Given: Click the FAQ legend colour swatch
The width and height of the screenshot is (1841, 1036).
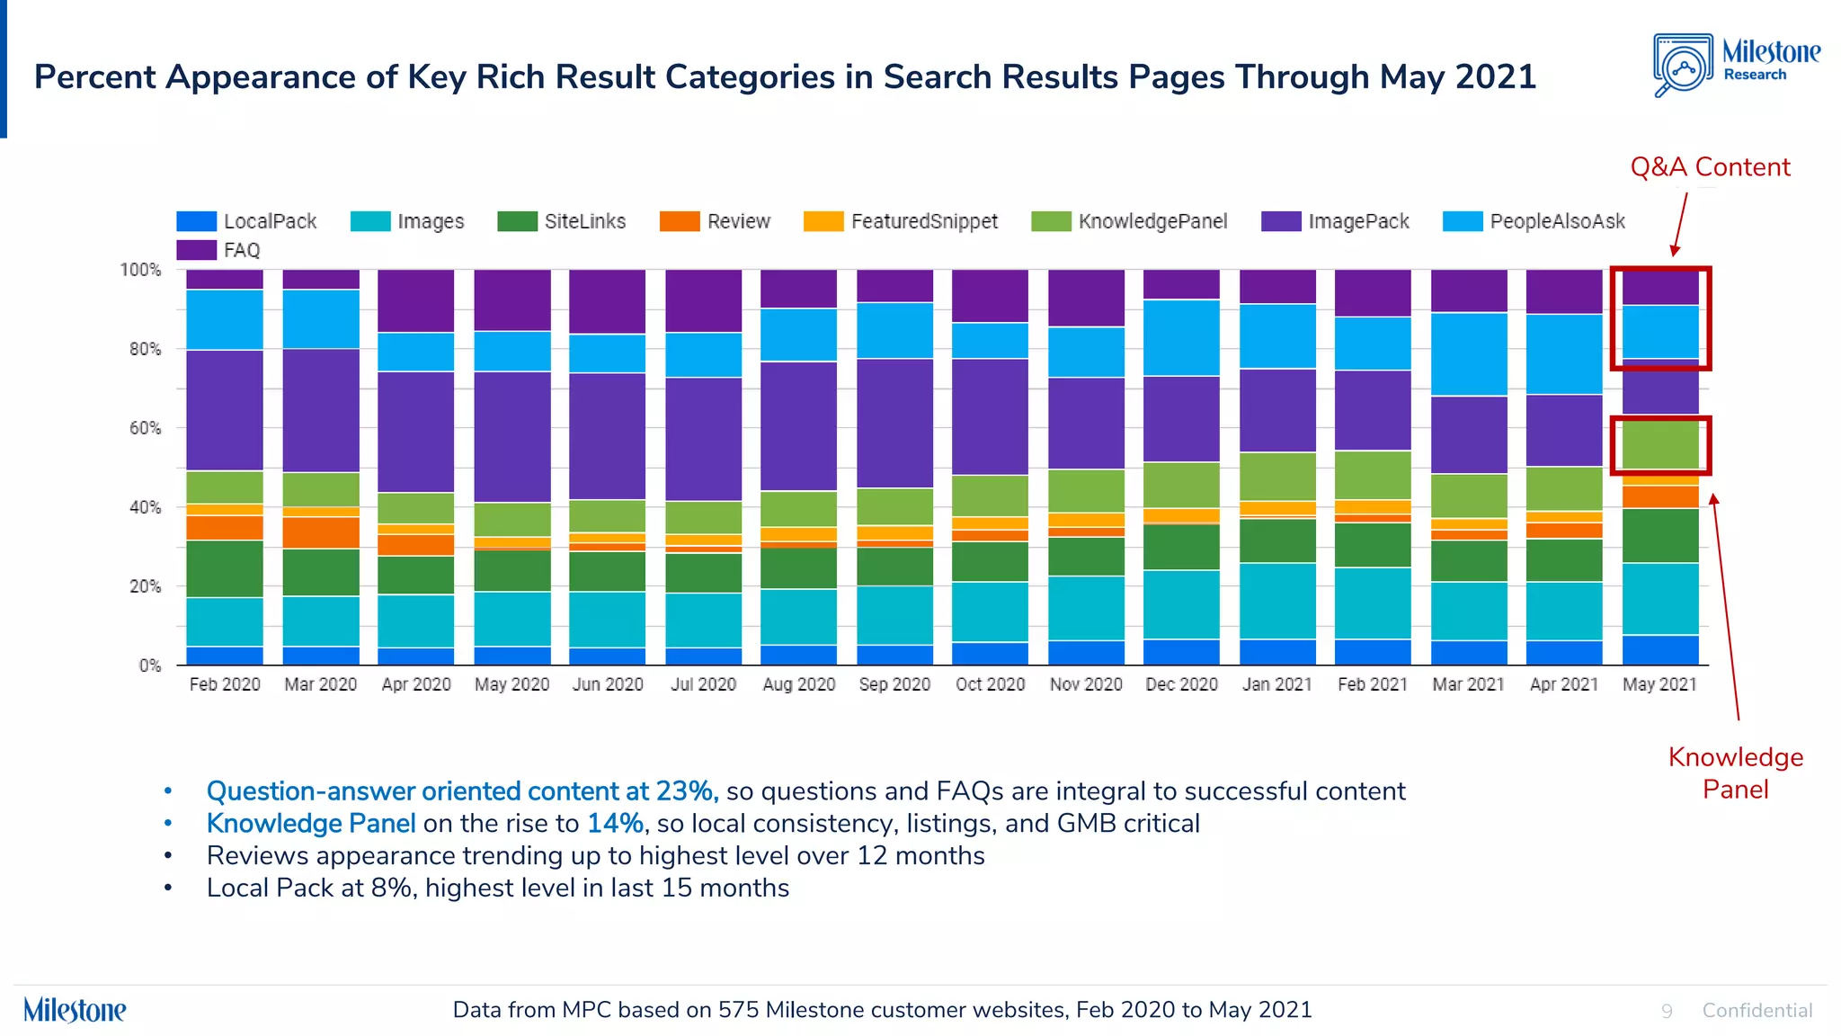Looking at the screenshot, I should click(x=196, y=250).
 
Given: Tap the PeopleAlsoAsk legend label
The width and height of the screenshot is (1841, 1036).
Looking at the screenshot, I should click(x=1557, y=221).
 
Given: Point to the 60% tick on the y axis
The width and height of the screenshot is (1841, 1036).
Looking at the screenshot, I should click(x=145, y=428).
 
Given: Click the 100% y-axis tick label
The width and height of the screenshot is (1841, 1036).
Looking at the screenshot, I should click(x=140, y=270).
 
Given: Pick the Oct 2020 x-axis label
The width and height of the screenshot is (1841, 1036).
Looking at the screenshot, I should click(x=990, y=684).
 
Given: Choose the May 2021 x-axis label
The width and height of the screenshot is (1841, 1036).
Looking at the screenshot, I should click(x=1659, y=684).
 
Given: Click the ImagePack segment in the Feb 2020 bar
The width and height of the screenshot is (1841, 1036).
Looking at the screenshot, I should click(x=225, y=410).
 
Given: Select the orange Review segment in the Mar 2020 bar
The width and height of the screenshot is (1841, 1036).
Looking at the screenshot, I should click(x=321, y=532).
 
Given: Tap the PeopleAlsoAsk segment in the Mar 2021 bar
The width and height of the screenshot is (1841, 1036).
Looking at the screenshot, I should click(x=1469, y=354).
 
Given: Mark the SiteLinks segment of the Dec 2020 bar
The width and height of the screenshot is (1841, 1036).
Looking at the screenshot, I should click(x=1181, y=547).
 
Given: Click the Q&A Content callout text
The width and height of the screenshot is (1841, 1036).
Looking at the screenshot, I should click(x=1710, y=167).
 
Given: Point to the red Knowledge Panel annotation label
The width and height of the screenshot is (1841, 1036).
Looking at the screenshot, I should click(x=1735, y=773).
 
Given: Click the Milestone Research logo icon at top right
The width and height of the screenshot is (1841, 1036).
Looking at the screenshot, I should click(x=1683, y=66).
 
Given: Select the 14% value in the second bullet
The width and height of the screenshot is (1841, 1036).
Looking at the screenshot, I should click(x=615, y=824).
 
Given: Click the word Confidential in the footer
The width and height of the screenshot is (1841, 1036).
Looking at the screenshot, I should click(x=1757, y=1011).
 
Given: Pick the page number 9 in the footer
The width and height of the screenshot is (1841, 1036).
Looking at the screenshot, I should click(x=1667, y=1011).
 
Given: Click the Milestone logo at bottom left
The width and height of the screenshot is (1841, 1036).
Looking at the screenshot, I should click(x=75, y=1010).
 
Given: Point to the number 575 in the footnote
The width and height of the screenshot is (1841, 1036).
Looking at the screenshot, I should click(x=738, y=1010).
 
